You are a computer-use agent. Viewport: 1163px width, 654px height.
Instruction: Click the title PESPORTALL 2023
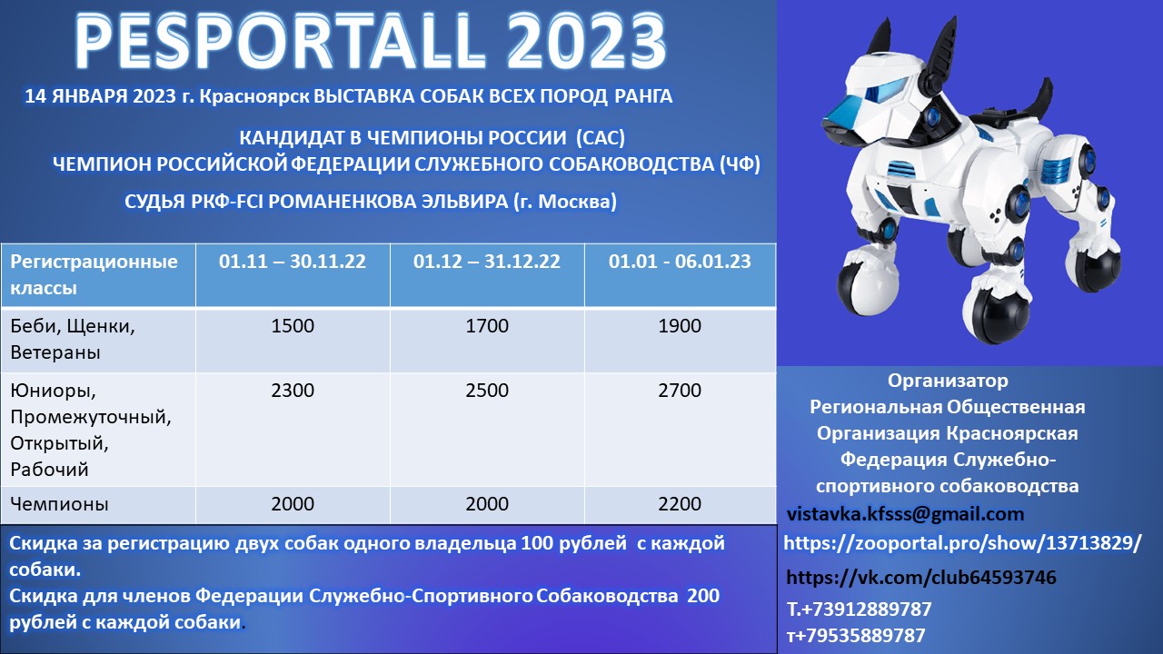pos(370,43)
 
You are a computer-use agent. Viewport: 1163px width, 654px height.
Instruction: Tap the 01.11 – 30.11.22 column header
pos(293,261)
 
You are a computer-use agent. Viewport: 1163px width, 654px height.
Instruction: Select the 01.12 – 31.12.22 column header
pos(486,261)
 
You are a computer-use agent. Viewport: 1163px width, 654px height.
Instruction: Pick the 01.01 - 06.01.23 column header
pos(680,261)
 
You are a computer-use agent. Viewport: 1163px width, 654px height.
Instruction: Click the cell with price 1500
pos(293,326)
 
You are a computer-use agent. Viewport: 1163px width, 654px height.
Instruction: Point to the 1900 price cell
pos(680,326)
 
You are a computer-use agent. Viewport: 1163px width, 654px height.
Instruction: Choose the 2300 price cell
pos(293,391)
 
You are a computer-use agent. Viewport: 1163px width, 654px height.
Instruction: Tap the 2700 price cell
pos(680,391)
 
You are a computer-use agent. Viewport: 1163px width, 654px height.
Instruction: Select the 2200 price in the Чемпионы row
pos(680,504)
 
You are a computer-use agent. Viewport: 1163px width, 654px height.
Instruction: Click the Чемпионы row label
pos(59,504)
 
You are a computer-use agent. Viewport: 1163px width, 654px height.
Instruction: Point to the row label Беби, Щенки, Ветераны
pos(72,339)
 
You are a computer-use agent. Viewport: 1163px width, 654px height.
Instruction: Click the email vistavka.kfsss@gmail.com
pos(905,514)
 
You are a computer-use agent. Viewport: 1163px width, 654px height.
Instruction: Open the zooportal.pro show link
pos(962,543)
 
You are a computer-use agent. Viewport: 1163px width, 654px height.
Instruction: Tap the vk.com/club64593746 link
pos(921,577)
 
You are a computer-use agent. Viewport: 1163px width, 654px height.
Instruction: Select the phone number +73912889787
pos(859,609)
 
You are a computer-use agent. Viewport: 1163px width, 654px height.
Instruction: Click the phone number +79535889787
pos(856,635)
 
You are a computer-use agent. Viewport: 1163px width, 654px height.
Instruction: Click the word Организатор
pos(948,381)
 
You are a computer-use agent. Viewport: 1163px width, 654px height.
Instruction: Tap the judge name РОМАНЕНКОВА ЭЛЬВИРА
pos(388,202)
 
